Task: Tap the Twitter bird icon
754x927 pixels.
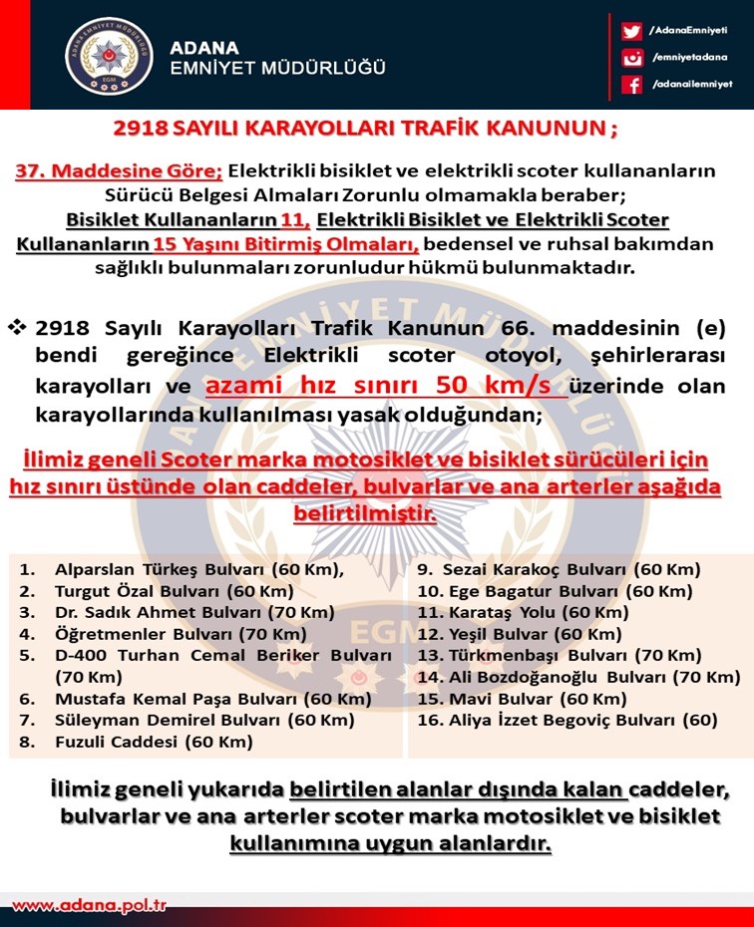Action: point(631,31)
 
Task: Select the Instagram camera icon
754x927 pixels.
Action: point(631,58)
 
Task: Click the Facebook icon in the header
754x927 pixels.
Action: point(631,85)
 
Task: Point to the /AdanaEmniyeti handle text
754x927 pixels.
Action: point(688,31)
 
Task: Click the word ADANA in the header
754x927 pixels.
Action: point(204,47)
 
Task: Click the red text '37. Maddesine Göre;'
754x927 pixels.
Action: point(119,170)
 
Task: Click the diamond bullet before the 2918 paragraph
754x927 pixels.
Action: point(17,328)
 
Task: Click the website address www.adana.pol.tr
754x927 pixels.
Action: point(89,906)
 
